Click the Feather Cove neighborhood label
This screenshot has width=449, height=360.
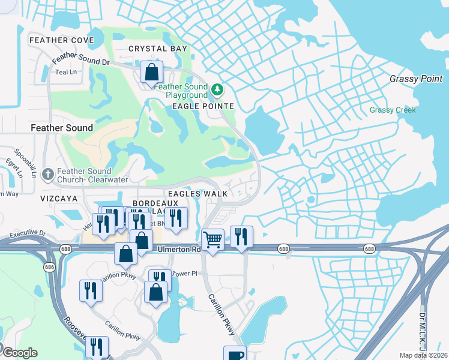pyautogui.click(x=62, y=40)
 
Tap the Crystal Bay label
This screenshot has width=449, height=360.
pyautogui.click(x=158, y=49)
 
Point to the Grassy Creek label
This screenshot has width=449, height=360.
pyautogui.click(x=393, y=110)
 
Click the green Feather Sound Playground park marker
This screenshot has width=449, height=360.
pyautogui.click(x=217, y=91)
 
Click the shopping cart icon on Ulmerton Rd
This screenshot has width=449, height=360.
pyautogui.click(x=212, y=239)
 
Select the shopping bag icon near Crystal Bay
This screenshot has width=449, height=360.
pyautogui.click(x=152, y=72)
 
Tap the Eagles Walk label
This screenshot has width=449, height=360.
pyautogui.click(x=197, y=194)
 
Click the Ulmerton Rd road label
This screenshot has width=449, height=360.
pyautogui.click(x=179, y=249)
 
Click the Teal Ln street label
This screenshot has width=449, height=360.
pyautogui.click(x=66, y=72)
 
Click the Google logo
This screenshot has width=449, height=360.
pyautogui.click(x=19, y=353)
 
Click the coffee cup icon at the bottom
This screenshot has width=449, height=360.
pyautogui.click(x=235, y=354)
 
